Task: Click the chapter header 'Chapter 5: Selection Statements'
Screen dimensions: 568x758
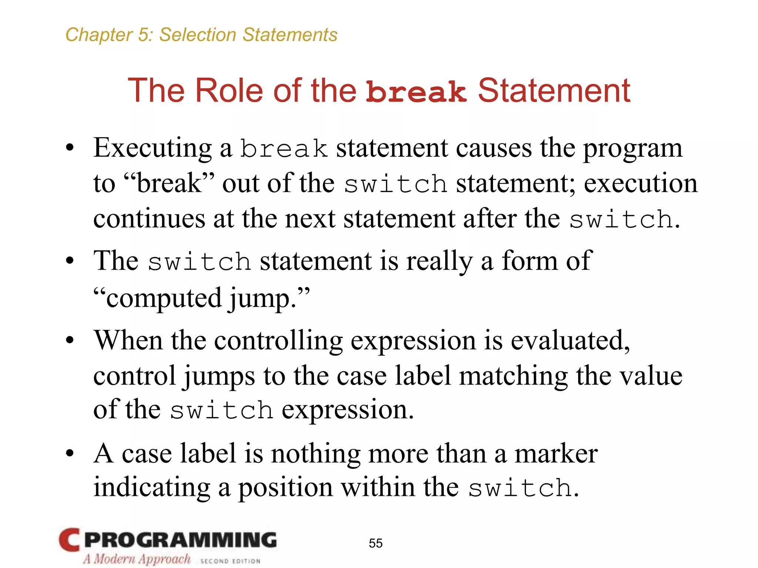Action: pyautogui.click(x=201, y=35)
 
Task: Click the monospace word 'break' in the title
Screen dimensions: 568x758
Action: pyautogui.click(x=416, y=92)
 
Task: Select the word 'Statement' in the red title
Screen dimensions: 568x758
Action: pyautogui.click(x=554, y=91)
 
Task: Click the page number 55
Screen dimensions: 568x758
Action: pyautogui.click(x=375, y=543)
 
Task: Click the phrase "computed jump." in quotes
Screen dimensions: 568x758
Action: pyautogui.click(x=201, y=298)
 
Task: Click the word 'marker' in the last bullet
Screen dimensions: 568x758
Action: pyautogui.click(x=556, y=454)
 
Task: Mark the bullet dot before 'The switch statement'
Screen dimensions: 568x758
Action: pyautogui.click(x=70, y=261)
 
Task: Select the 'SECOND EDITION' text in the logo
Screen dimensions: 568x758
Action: pyautogui.click(x=230, y=561)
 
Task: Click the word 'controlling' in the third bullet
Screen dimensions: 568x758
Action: pyautogui.click(x=278, y=341)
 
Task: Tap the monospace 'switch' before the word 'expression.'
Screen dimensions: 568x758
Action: pyautogui.click(x=221, y=411)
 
